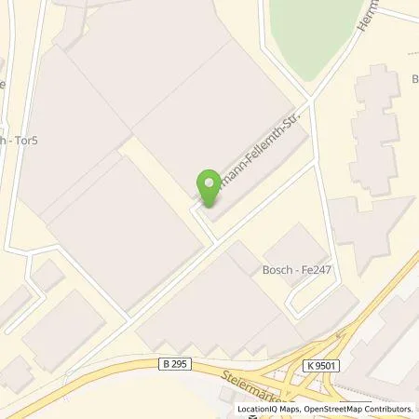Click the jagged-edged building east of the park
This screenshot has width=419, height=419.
point(376,121)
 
